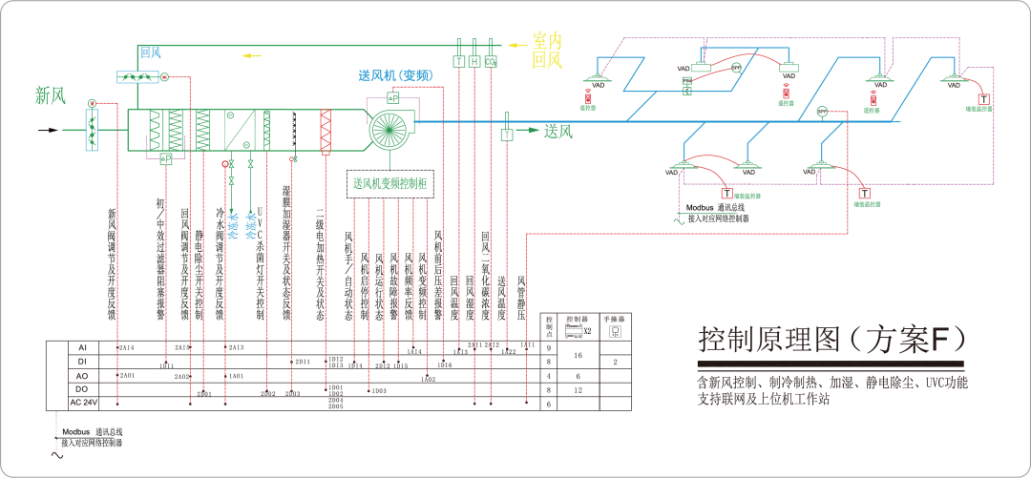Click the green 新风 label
pyautogui.click(x=51, y=94)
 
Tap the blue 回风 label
pyautogui.click(x=151, y=52)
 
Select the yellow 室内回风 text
pyautogui.click(x=547, y=51)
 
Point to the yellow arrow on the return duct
pyautogui.click(x=251, y=55)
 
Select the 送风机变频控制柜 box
pyautogui.click(x=390, y=182)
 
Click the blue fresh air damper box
pyautogui.click(x=93, y=131)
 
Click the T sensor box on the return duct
pyautogui.click(x=459, y=62)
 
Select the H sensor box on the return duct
pyautogui.click(x=475, y=62)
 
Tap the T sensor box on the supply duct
pyautogui.click(x=506, y=135)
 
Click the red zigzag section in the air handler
pyautogui.click(x=326, y=132)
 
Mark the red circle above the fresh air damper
pyautogui.click(x=93, y=102)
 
